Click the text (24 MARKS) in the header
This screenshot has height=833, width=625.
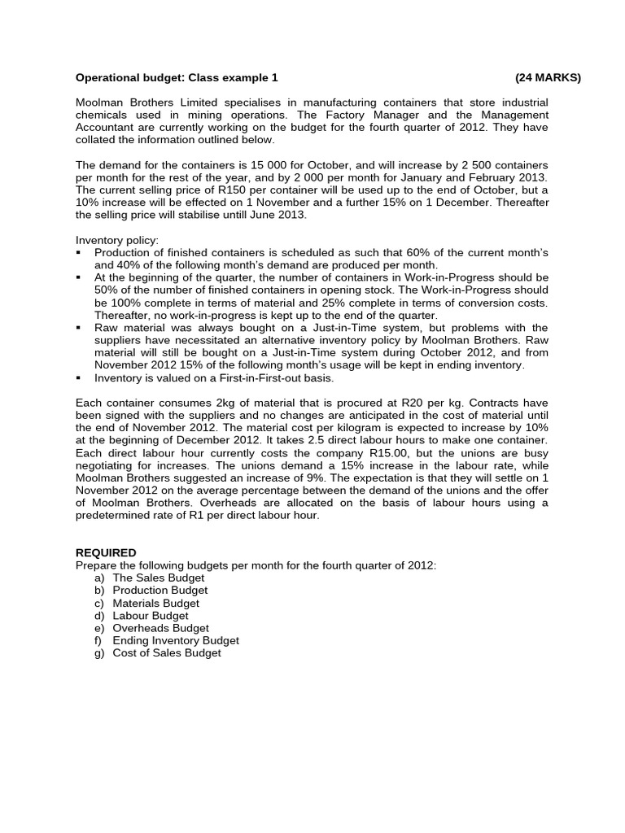pyautogui.click(x=548, y=78)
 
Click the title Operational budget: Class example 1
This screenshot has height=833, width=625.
pyautogui.click(x=177, y=78)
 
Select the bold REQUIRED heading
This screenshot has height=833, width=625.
pyautogui.click(x=106, y=552)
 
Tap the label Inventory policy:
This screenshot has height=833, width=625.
pyautogui.click(x=117, y=240)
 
